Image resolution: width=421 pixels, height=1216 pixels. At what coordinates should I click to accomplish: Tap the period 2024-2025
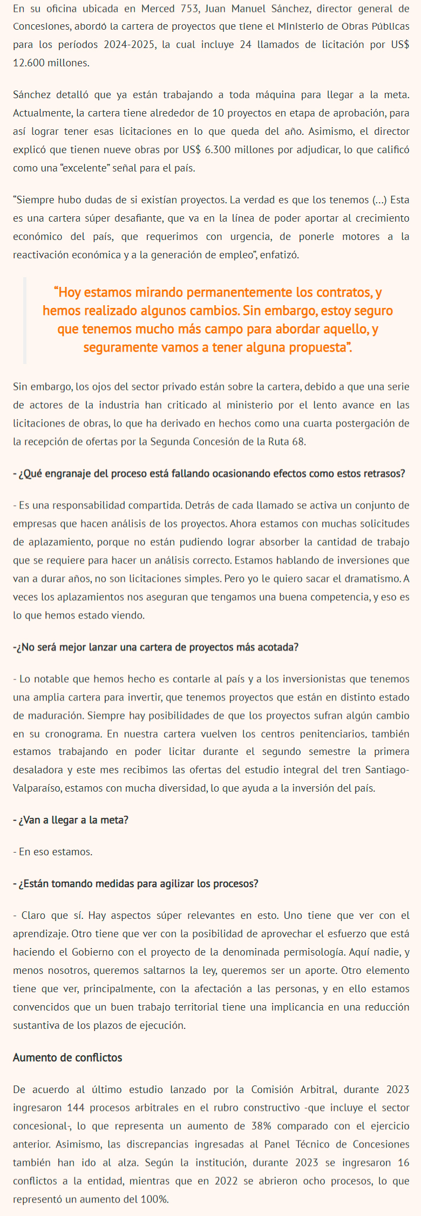pos(128,45)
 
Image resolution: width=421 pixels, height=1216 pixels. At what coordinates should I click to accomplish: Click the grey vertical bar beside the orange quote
pos(24,320)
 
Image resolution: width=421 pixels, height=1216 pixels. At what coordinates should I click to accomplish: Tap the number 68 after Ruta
pos(298,442)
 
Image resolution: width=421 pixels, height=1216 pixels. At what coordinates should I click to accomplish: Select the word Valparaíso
pos(37,788)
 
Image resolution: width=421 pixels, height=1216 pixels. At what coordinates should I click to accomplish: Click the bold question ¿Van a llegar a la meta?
pos(71,820)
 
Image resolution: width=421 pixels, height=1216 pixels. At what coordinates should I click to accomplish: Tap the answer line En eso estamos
pos(53,852)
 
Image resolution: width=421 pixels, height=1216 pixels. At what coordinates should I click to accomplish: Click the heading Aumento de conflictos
pos(67,1057)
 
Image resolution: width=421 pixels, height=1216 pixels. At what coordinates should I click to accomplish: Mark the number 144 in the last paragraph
pos(76,1108)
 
